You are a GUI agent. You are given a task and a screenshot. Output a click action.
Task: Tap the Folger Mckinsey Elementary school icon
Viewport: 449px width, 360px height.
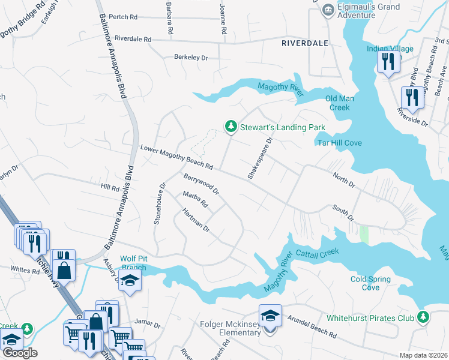tap(270, 315)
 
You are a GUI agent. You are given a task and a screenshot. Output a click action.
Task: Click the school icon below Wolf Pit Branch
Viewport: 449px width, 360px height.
tap(129, 281)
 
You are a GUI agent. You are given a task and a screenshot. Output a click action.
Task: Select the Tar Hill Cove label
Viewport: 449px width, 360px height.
tap(339, 143)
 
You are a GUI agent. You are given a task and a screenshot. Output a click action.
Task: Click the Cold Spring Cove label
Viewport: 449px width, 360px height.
tap(370, 283)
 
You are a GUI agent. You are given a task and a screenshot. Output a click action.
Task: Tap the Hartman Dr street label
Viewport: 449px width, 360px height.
tap(196, 220)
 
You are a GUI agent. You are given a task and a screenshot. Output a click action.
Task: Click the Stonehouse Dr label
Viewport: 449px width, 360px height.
tap(158, 204)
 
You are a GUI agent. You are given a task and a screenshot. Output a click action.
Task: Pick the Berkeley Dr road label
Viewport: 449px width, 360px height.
tap(190, 58)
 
